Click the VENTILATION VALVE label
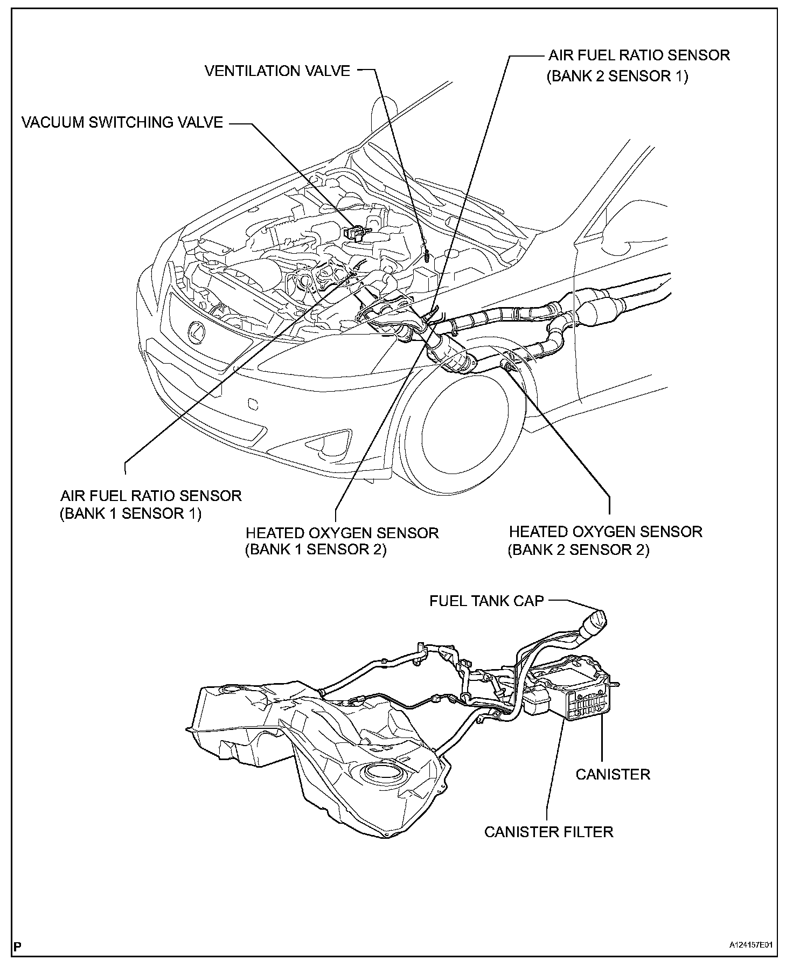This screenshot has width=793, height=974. [277, 71]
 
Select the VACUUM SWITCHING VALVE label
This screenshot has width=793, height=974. [122, 122]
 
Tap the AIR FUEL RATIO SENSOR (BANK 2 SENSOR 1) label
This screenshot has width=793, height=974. [638, 65]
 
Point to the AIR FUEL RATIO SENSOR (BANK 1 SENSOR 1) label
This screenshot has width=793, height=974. [150, 504]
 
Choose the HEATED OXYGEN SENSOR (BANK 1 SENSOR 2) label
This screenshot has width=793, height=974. [342, 541]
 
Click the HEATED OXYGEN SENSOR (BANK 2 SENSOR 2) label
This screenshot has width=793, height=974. [606, 540]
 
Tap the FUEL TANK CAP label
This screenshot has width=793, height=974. [486, 601]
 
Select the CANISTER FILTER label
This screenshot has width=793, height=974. [548, 832]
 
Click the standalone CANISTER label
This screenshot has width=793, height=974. [613, 774]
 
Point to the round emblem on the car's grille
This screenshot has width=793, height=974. [197, 331]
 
